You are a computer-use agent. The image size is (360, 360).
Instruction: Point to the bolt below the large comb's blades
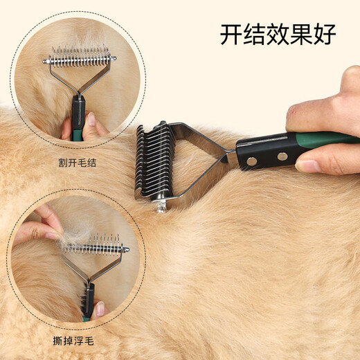(x=161, y=206)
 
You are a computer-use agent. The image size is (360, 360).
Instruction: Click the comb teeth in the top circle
(x=80, y=54)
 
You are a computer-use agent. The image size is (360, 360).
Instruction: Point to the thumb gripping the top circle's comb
(x=91, y=125)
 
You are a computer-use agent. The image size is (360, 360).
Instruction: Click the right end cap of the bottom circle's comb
(x=127, y=246)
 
